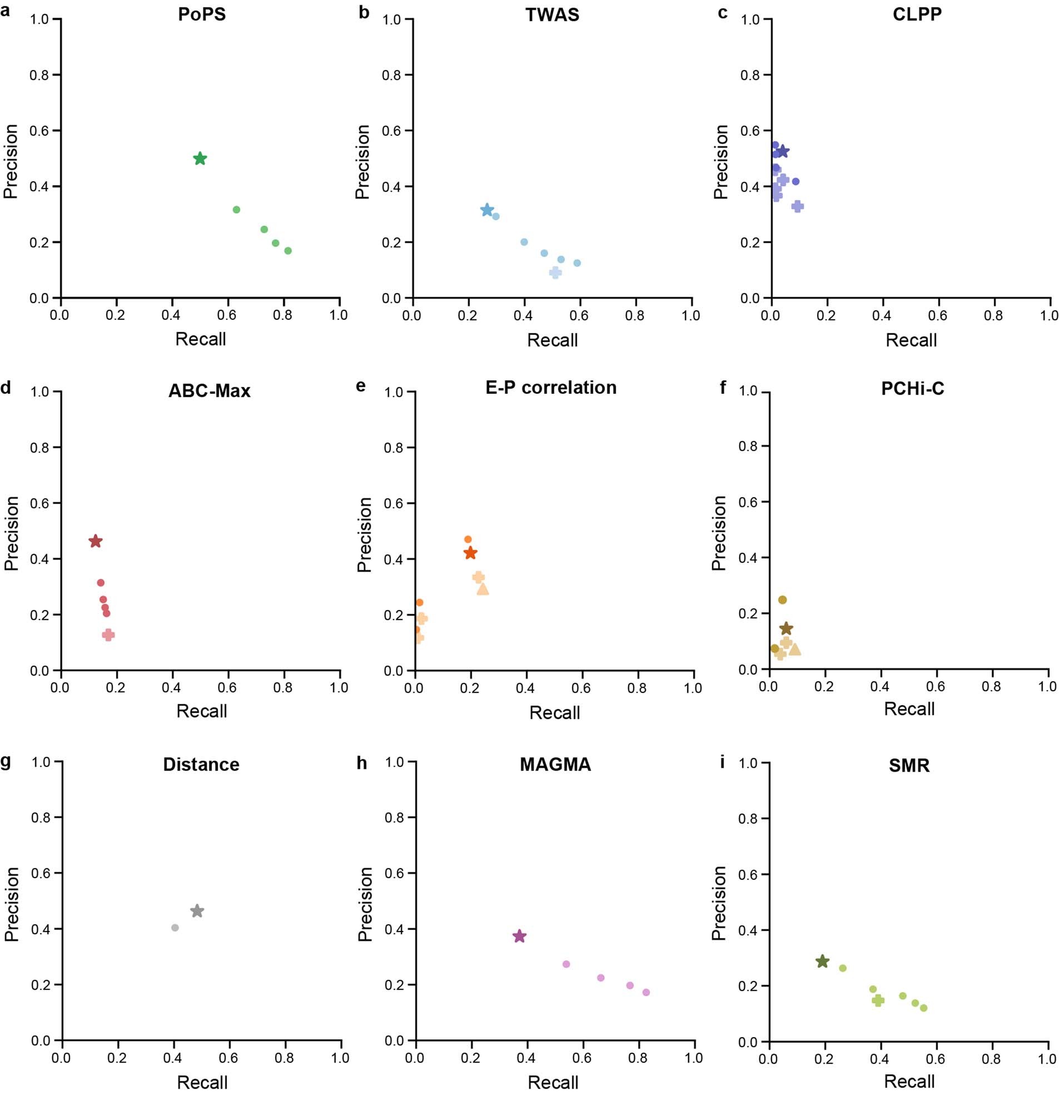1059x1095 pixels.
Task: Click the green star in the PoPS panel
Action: [x=200, y=158]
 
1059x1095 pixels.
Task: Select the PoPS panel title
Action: [x=202, y=14]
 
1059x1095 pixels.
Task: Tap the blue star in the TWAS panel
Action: [x=487, y=210]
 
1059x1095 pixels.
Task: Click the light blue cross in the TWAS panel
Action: [x=555, y=272]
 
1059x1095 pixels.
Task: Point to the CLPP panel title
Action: [x=917, y=14]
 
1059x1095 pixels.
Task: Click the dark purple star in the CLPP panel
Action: [x=783, y=151]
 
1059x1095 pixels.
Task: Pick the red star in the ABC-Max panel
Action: [x=96, y=541]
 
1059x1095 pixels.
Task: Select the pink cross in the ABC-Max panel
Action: [x=108, y=635]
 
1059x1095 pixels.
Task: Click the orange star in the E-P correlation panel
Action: [x=470, y=553]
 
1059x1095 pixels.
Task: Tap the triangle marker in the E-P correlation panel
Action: [x=483, y=589]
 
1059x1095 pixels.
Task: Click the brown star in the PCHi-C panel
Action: [x=787, y=628]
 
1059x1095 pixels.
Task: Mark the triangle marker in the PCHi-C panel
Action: [x=794, y=649]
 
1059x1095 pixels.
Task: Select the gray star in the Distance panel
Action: [x=197, y=911]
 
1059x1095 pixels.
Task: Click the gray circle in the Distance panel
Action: [x=175, y=928]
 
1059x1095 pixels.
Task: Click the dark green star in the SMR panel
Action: [x=822, y=962]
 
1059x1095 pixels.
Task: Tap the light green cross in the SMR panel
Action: [x=878, y=1000]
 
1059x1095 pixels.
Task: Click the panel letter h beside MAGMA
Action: [x=362, y=763]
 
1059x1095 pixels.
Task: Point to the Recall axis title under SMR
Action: [x=909, y=1081]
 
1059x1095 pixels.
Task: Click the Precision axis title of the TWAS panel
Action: [x=362, y=161]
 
